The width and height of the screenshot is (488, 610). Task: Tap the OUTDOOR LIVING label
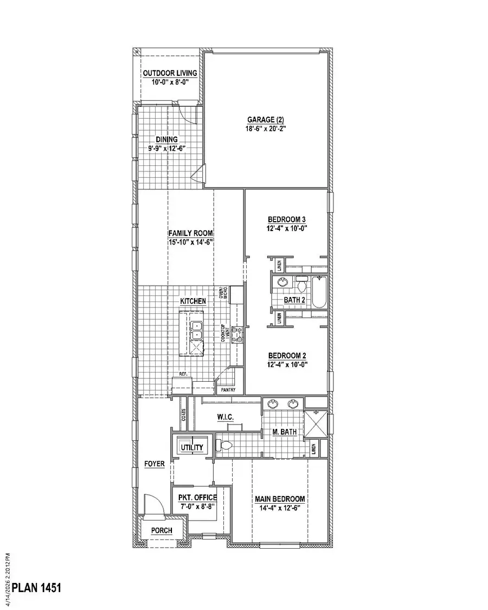click(x=170, y=74)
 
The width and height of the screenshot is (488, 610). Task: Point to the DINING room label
click(x=166, y=139)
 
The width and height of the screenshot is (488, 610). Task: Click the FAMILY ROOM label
click(x=190, y=233)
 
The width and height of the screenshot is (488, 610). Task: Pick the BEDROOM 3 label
click(x=287, y=219)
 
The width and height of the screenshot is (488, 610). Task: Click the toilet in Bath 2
click(x=301, y=284)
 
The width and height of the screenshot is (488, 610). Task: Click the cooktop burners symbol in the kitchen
click(x=236, y=335)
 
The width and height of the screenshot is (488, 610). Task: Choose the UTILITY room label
click(x=192, y=447)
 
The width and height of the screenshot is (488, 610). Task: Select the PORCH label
click(x=162, y=530)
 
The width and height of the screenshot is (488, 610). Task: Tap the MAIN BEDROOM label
click(x=280, y=499)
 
